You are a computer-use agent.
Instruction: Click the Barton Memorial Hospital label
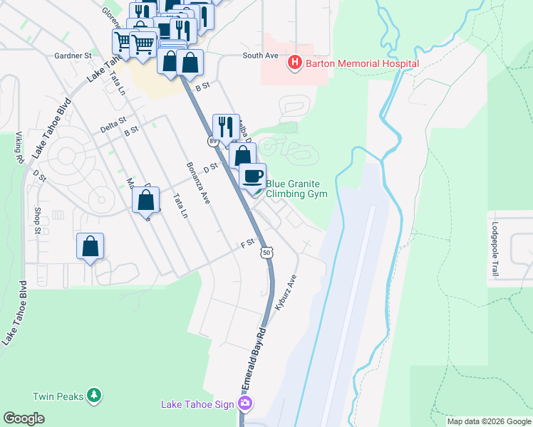[x=361, y=63]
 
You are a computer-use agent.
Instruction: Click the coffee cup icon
[x=252, y=176]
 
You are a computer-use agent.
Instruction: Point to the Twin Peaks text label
[x=59, y=396]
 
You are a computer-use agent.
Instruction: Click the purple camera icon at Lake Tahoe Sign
[x=246, y=404]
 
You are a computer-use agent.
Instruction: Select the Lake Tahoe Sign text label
[x=197, y=404]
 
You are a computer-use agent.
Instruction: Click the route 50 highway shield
[x=266, y=253]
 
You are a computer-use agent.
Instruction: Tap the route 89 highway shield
[x=212, y=142]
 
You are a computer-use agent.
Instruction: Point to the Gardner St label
[x=73, y=55]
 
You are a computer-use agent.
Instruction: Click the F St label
[x=247, y=243]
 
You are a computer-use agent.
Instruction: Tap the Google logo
[x=24, y=418]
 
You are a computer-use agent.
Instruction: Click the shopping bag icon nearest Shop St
[x=90, y=247]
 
